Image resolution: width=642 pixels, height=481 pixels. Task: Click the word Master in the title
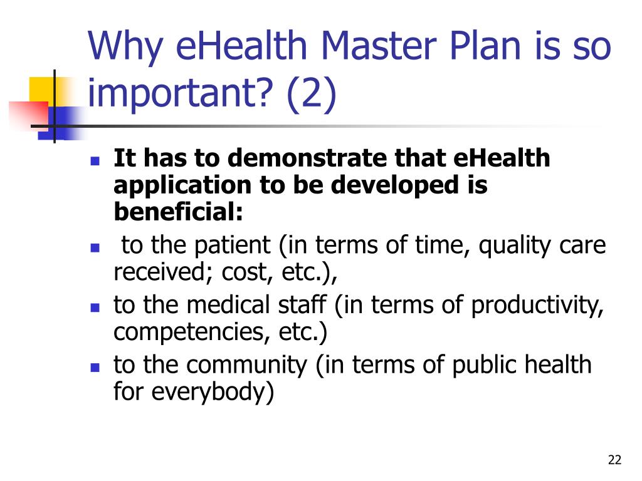(379, 46)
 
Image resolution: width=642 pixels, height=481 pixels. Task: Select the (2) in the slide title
(312, 93)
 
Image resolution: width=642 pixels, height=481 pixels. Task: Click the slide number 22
(614, 460)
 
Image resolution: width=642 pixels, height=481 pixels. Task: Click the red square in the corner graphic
(29, 115)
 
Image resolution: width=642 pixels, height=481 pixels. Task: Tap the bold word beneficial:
(179, 212)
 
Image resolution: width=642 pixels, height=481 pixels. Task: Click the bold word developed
(394, 185)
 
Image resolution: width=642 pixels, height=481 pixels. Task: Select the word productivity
(537, 306)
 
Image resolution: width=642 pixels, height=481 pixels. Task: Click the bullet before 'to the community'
(95, 367)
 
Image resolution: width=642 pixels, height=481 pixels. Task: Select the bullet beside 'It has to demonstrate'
(95, 160)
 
